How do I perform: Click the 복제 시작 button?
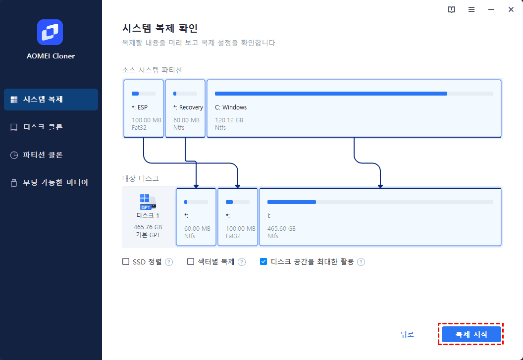click(471, 334)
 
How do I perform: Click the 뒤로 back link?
click(407, 334)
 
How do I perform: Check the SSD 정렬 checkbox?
click(126, 261)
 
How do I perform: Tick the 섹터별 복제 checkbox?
click(191, 261)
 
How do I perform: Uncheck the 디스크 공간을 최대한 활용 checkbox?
click(263, 261)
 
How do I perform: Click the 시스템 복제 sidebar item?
click(51, 100)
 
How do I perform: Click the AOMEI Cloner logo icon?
click(50, 32)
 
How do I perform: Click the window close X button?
click(511, 9)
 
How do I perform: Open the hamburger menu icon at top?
click(471, 9)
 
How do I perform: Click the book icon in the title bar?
click(452, 9)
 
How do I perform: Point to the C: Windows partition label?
click(231, 107)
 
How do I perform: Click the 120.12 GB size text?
click(229, 120)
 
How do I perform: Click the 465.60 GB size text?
click(281, 229)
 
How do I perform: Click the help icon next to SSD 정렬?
click(169, 262)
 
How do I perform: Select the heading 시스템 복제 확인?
click(160, 28)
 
